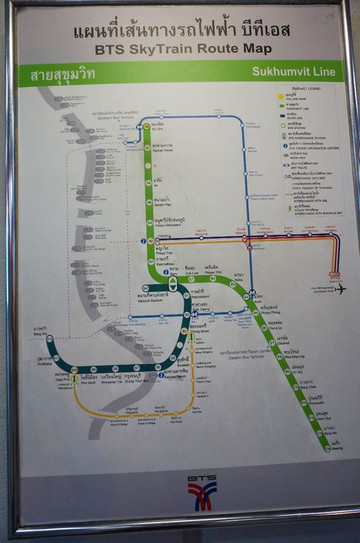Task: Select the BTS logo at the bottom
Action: coord(201,490)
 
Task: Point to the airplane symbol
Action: coord(341,289)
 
